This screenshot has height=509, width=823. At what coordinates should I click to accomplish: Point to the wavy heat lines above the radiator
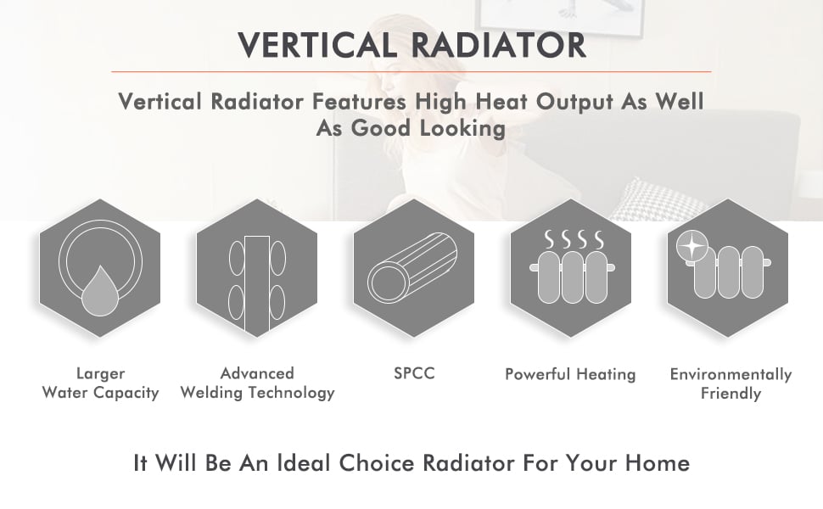pyautogui.click(x=574, y=239)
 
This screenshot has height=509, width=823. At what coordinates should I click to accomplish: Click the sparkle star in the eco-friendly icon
pyautogui.click(x=691, y=246)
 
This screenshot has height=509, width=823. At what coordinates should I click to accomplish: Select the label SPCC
pyautogui.click(x=414, y=373)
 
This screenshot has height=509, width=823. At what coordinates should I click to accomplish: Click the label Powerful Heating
pyautogui.click(x=570, y=374)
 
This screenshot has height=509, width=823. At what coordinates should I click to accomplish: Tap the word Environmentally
pyautogui.click(x=731, y=374)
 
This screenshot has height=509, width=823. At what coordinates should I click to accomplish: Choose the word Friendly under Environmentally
pyautogui.click(x=731, y=394)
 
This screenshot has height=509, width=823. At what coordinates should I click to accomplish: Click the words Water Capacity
pyautogui.click(x=100, y=393)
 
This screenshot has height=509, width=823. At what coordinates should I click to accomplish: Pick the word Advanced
pyautogui.click(x=257, y=373)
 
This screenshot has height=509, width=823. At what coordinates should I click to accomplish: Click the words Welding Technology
pyautogui.click(x=257, y=393)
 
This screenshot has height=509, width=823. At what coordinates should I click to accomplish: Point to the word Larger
pyautogui.click(x=100, y=373)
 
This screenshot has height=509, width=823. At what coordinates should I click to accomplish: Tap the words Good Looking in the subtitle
pyautogui.click(x=428, y=128)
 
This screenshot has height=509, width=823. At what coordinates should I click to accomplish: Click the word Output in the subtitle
pyautogui.click(x=574, y=102)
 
